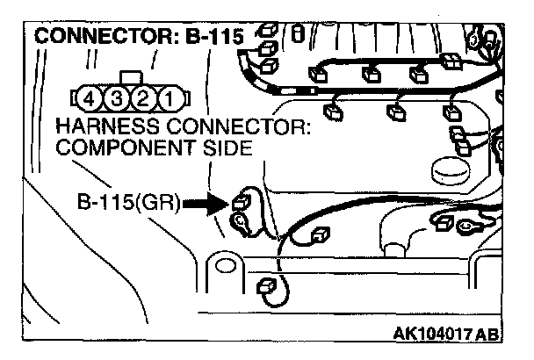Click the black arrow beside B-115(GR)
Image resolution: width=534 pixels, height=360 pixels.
point(206,205)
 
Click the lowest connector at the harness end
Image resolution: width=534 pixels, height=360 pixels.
point(265,286)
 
